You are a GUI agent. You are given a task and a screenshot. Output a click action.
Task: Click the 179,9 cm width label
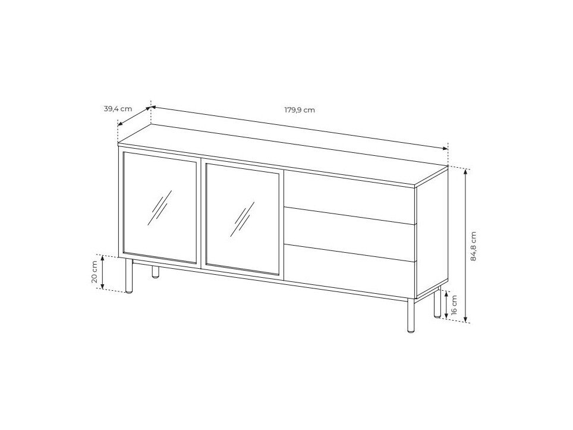(x=300, y=109)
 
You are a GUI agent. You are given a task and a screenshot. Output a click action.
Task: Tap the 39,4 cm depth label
(x=118, y=109)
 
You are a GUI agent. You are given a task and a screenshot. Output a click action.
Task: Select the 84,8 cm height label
(x=473, y=246)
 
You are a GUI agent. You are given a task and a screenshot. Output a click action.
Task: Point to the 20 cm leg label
(x=94, y=272)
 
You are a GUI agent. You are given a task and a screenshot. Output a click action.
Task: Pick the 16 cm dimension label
(x=454, y=305)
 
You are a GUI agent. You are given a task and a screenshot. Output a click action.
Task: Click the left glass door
(x=160, y=208)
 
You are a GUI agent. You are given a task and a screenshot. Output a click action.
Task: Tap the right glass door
(x=243, y=219)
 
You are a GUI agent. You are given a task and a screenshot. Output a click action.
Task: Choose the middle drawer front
(x=350, y=234)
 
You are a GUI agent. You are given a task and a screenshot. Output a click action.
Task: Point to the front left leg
(x=128, y=276)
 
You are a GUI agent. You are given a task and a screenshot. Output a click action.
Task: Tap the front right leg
(x=411, y=315)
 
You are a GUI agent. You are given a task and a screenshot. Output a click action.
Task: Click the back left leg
(x=156, y=272)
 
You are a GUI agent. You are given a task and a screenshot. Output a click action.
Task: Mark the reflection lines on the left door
(x=160, y=208)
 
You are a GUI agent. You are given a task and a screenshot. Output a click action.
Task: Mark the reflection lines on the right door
(x=243, y=219)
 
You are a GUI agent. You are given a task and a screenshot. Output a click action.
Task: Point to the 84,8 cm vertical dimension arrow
(x=465, y=246)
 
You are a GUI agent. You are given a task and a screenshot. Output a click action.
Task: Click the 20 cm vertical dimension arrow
(x=103, y=272)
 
